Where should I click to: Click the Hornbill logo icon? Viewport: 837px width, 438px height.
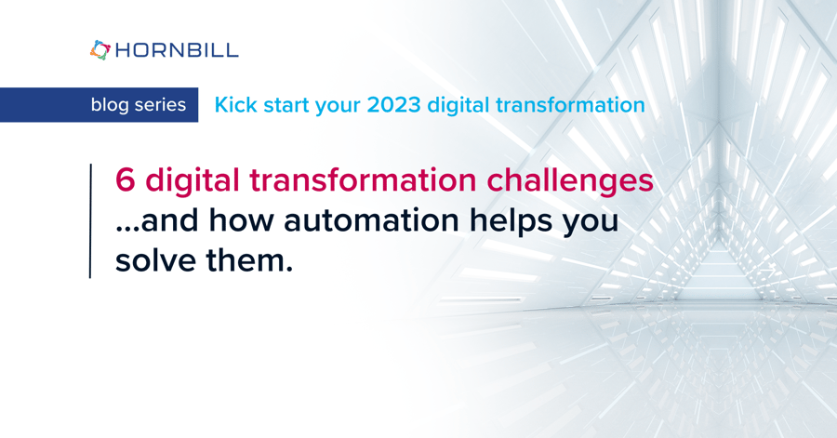(x=100, y=50)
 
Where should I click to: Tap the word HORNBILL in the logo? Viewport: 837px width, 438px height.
(x=177, y=50)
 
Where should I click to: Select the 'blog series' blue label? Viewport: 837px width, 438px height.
(x=138, y=105)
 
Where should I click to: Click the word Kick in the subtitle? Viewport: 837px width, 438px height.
(x=234, y=105)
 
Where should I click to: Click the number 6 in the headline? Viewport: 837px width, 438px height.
(x=125, y=180)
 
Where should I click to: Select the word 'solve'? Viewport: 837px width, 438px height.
(x=153, y=261)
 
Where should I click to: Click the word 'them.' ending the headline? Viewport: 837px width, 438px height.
(x=247, y=261)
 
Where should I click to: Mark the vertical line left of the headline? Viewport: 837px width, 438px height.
(x=90, y=220)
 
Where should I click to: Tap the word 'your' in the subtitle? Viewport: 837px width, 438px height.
(x=338, y=105)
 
